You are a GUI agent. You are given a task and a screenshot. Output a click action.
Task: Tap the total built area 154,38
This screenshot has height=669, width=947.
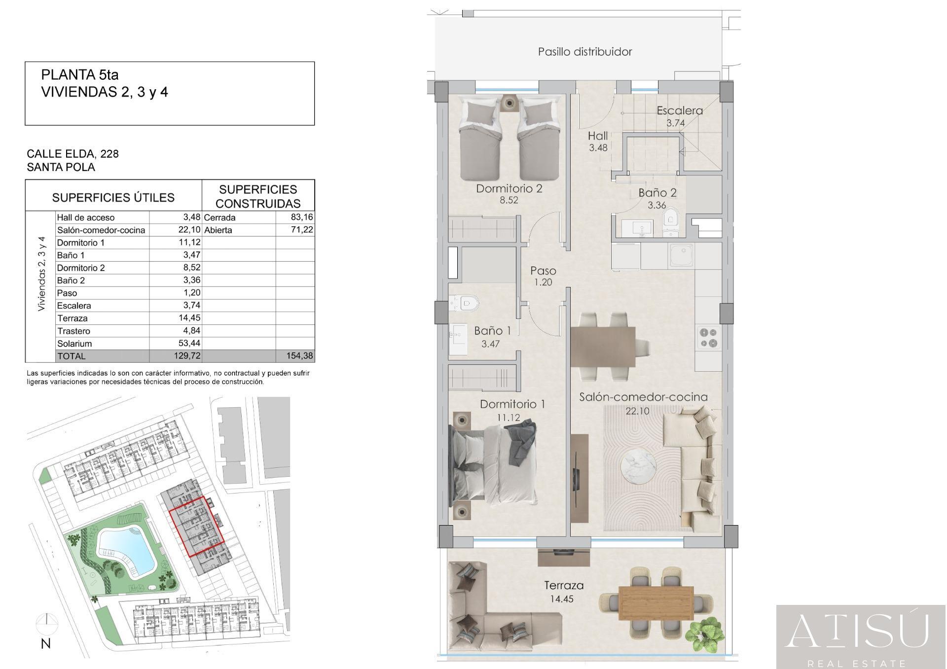coord(299,356)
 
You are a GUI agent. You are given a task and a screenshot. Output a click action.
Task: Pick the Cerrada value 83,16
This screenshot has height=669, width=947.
coord(302,217)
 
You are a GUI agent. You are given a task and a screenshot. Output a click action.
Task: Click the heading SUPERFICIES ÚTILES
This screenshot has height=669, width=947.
coord(113,198)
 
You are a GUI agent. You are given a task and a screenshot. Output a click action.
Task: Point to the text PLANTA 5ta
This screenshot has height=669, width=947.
coord(80,75)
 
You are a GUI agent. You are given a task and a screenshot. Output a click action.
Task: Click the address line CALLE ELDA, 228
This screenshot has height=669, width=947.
coord(73,154)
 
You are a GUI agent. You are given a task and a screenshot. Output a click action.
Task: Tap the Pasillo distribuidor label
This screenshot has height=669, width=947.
coord(585,52)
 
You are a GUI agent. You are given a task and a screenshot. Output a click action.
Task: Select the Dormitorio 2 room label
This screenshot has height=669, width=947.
coord(509,189)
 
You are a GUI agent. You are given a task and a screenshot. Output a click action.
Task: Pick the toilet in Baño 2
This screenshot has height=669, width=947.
coord(670,219)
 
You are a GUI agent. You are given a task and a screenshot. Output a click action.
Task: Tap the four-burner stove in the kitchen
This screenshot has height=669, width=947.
coord(709,338)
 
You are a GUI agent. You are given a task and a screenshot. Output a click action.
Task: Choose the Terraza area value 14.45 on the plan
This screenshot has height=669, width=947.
coord(562,599)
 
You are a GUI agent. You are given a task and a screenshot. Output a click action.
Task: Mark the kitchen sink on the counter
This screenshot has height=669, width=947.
coord(681,255)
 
